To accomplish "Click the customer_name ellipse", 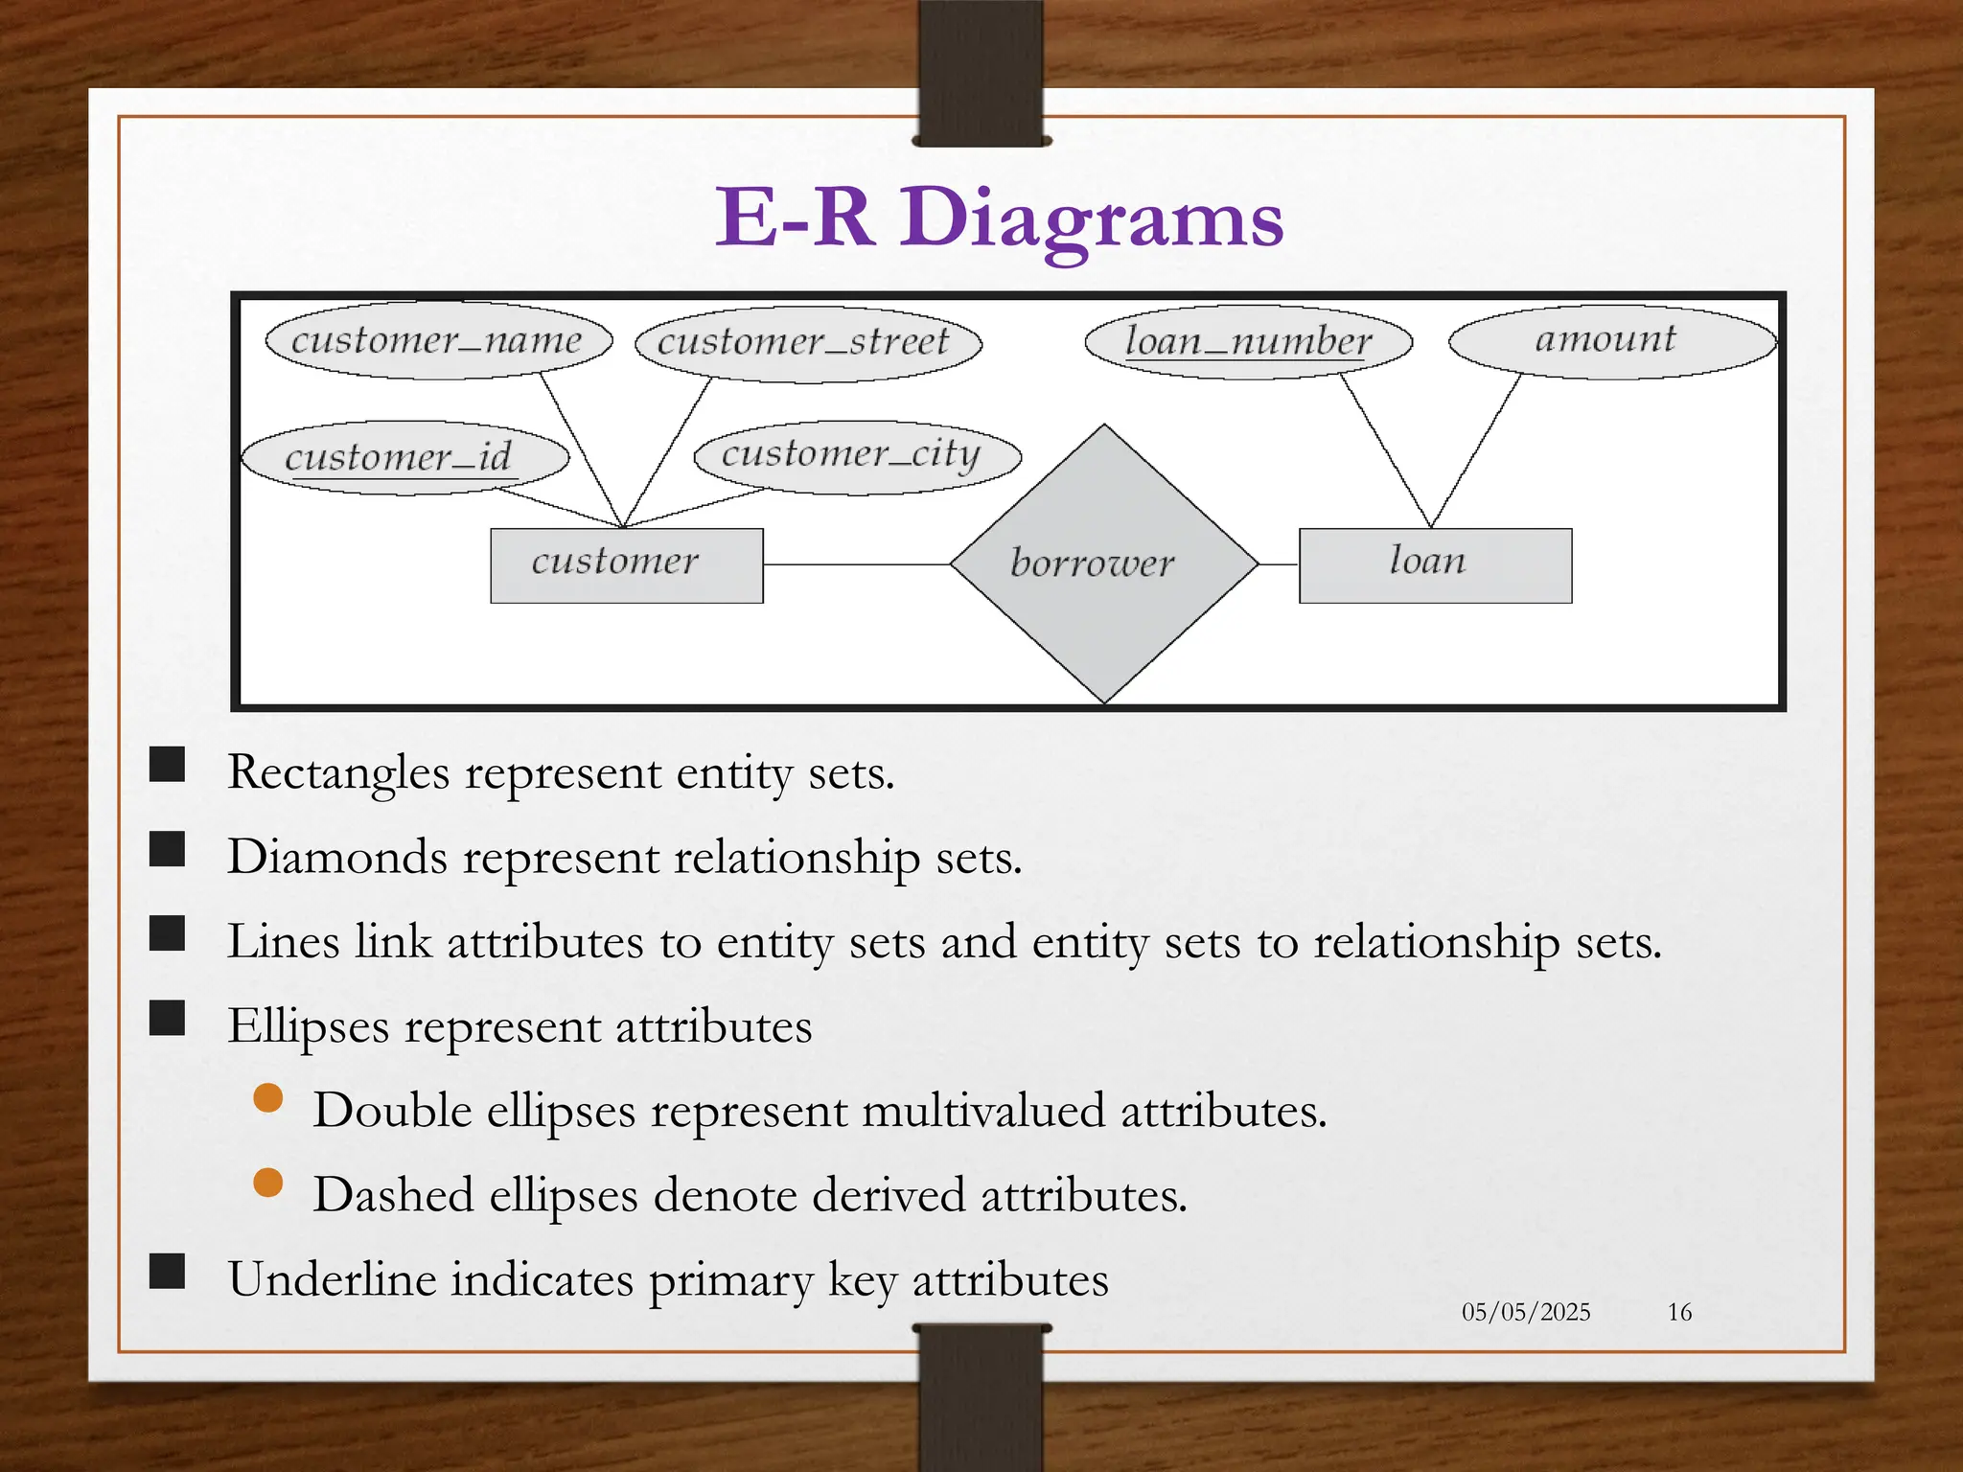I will point(438,342).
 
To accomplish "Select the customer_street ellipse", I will point(808,344).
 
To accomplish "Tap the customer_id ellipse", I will point(404,457).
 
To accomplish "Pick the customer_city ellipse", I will point(857,456).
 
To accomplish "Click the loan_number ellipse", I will point(1248,342).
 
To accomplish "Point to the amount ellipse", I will point(1611,341).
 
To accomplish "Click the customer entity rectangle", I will point(626,564).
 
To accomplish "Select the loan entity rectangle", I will point(1434,564).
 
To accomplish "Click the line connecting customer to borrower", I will point(855,564).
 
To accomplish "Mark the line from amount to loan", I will point(1476,450).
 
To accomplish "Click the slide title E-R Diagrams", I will point(999,218).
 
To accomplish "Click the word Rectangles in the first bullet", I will point(337,772).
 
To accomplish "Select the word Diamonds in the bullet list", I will point(336,857).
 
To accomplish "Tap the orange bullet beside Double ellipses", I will point(268,1098).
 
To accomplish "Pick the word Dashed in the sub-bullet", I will point(393,1195).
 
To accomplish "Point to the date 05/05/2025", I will point(1525,1312).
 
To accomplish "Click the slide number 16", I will point(1679,1312).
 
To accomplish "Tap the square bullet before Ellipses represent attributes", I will point(168,1019).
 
